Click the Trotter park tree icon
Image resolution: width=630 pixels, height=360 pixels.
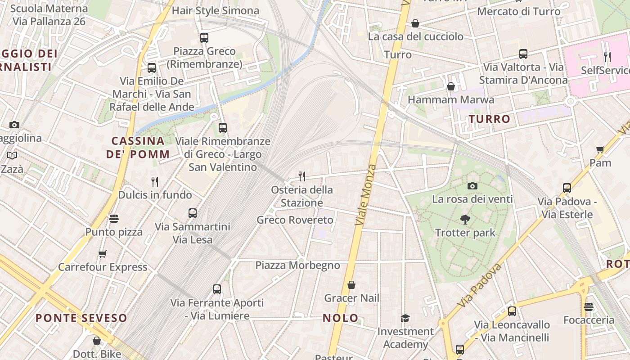click(465, 220)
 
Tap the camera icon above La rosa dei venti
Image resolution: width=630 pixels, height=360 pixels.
click(472, 186)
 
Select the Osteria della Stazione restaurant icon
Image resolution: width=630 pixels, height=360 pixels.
click(302, 176)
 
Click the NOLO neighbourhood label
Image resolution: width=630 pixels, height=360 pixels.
click(341, 318)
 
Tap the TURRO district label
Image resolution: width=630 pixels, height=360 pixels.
click(490, 119)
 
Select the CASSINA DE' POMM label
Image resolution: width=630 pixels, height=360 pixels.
click(138, 147)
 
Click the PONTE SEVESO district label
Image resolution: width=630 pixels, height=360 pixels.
click(81, 318)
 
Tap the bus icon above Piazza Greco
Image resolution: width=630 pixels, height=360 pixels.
click(204, 37)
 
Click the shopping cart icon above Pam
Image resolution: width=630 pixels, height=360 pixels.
click(600, 149)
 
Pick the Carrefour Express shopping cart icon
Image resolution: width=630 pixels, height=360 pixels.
click(103, 254)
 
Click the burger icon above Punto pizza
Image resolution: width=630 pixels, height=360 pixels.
click(114, 219)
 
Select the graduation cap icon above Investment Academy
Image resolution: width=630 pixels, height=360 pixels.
click(405, 318)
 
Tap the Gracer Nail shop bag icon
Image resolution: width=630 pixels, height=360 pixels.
click(351, 285)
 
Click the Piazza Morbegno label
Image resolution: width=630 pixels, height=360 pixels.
click(298, 265)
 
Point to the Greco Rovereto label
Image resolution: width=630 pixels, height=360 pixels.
click(295, 220)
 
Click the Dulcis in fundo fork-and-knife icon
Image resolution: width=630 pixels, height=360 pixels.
click(155, 181)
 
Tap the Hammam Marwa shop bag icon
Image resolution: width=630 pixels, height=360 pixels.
click(450, 86)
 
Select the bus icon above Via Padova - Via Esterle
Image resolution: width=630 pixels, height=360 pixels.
click(567, 188)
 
